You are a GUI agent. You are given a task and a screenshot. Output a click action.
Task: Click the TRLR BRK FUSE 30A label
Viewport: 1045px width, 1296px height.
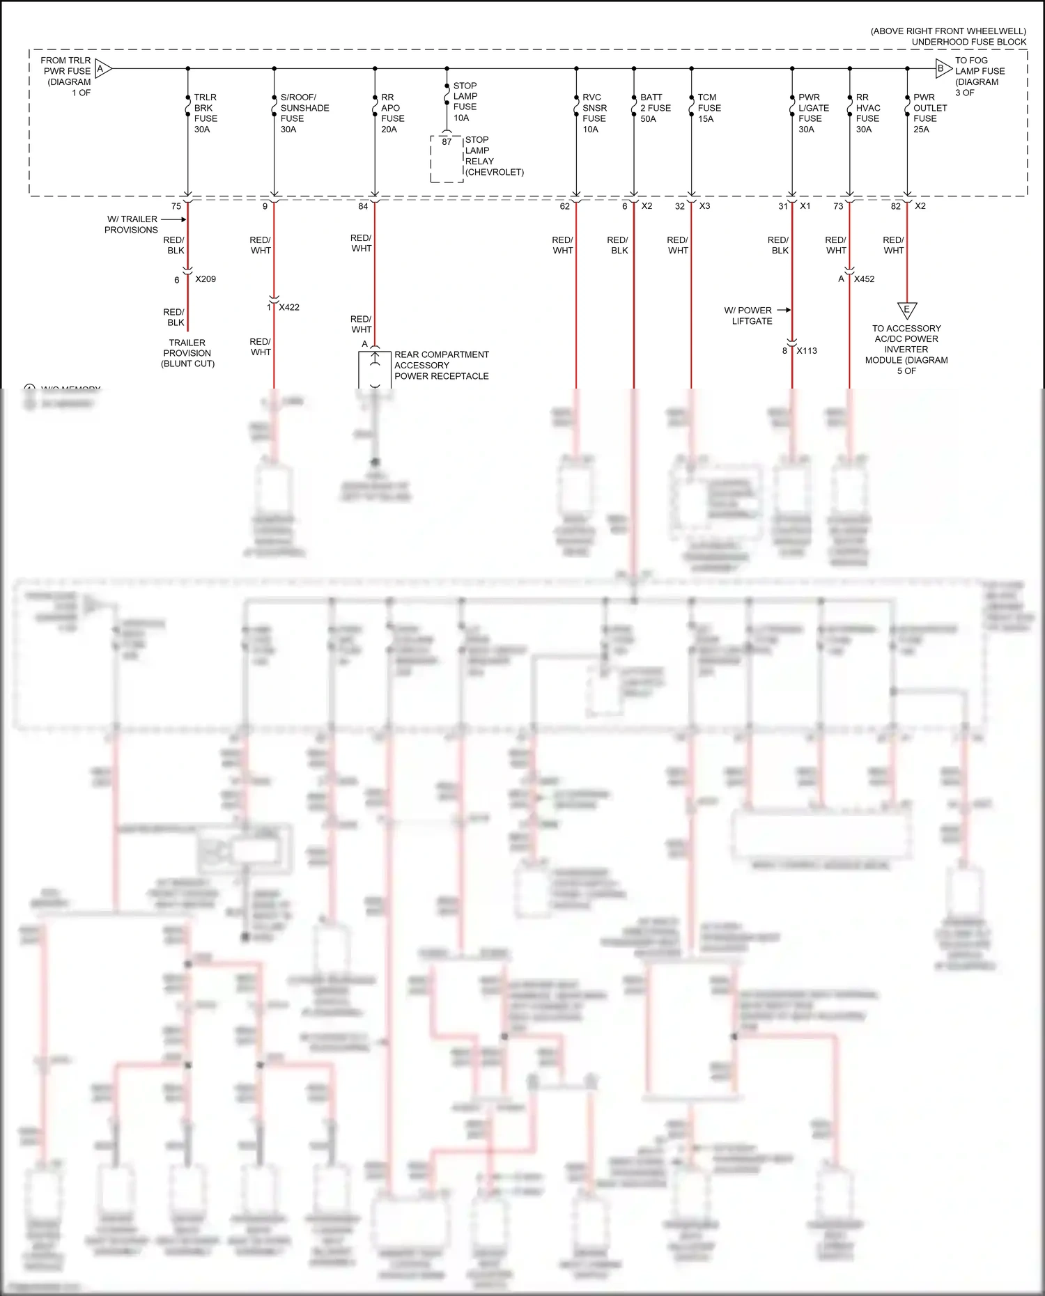coord(206,113)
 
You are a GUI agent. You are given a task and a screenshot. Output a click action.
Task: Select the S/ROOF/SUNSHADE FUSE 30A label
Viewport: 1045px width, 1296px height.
coord(304,113)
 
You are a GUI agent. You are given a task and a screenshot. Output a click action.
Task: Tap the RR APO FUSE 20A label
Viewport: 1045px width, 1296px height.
coord(392,113)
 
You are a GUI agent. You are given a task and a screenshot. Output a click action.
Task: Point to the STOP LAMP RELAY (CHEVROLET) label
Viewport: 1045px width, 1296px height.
coord(494,156)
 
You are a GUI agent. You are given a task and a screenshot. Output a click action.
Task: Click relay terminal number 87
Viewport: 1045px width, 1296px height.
coord(447,142)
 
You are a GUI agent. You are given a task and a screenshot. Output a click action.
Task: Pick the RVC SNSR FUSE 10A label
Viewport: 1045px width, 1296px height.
coord(594,113)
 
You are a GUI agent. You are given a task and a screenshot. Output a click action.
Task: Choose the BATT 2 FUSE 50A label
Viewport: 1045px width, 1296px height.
coord(655,108)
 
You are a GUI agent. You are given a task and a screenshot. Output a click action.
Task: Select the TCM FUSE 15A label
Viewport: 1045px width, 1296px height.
coord(709,108)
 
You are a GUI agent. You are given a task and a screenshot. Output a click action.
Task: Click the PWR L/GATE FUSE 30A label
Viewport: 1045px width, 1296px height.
coord(813,113)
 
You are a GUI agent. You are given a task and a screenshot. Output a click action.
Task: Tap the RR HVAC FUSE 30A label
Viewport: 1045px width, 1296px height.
coord(867,113)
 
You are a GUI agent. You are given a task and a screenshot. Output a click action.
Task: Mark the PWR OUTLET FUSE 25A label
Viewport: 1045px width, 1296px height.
coord(929,113)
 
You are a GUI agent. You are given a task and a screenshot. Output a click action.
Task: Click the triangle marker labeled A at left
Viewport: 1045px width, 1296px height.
coord(102,68)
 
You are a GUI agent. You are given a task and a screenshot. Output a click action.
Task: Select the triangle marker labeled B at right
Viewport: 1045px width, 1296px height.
coord(942,68)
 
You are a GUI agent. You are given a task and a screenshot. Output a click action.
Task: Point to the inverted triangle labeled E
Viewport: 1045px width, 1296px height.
coord(906,309)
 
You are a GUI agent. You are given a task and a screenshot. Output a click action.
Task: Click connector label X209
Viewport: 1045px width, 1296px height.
coord(206,279)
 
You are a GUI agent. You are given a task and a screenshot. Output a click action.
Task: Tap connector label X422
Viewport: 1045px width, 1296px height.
coord(289,307)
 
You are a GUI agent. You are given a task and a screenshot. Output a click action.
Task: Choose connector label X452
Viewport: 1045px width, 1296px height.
coord(864,279)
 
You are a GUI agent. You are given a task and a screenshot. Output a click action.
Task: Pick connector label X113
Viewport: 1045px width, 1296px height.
coord(807,351)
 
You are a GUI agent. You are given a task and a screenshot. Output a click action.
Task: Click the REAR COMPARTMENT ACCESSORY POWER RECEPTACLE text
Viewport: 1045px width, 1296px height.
coord(441,365)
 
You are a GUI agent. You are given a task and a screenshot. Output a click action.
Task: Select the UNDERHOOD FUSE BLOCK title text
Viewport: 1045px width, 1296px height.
coord(968,42)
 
